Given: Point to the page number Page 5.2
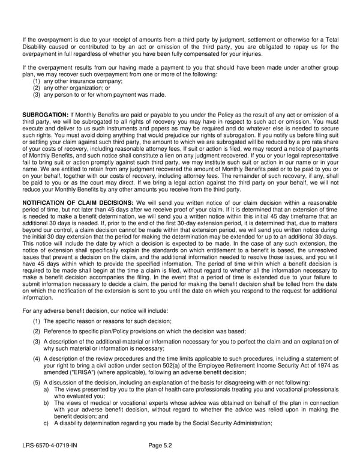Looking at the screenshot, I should [x=162, y=446].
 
